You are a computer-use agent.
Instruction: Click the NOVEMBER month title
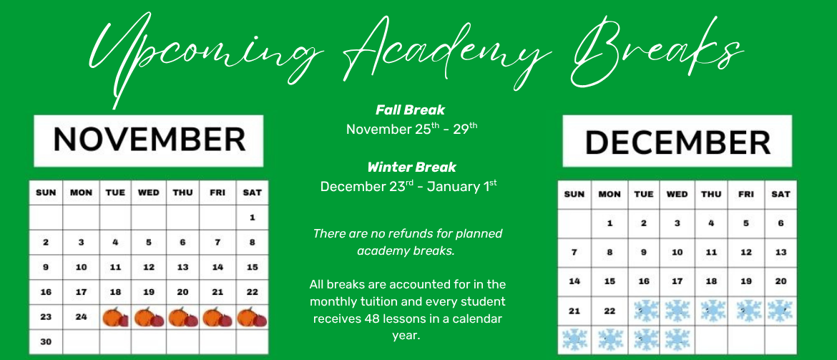click(149, 140)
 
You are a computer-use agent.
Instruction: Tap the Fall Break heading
click(410, 110)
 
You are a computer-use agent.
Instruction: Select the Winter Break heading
click(411, 167)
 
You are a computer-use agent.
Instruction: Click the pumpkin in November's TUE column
click(115, 317)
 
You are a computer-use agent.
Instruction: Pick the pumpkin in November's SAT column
click(252, 317)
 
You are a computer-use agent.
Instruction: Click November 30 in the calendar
click(46, 342)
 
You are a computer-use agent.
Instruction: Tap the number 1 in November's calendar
click(252, 218)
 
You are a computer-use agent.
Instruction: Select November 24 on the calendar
click(81, 317)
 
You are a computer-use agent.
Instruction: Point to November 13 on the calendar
click(182, 267)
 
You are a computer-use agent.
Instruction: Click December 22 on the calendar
click(610, 311)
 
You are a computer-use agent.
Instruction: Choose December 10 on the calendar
click(677, 252)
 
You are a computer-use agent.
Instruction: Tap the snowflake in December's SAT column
click(780, 311)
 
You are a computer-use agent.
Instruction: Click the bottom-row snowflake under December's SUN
click(574, 340)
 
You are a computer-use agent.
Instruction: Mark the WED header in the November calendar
click(148, 193)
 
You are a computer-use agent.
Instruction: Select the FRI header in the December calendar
click(745, 195)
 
